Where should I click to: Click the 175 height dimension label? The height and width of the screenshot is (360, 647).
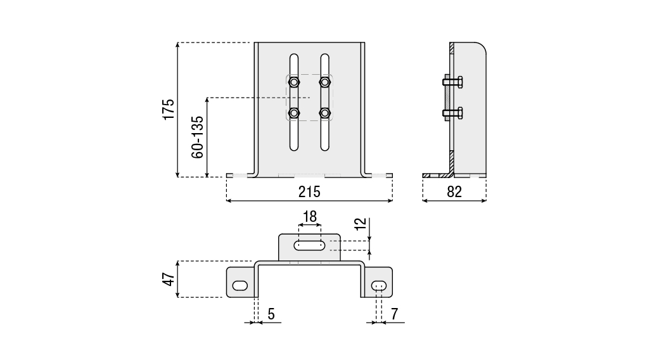168,109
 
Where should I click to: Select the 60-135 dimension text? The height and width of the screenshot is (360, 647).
197,137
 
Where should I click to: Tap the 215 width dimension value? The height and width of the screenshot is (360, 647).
309,191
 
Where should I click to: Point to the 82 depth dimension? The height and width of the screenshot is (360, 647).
454,191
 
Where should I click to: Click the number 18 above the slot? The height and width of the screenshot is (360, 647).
309,217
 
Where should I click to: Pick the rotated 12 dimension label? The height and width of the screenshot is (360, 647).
360,224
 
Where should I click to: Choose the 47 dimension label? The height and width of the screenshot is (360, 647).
168,279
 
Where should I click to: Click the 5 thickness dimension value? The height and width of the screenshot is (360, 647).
271,313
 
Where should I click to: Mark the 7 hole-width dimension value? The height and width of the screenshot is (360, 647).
394,313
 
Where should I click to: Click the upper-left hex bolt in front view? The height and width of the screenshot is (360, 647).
294,82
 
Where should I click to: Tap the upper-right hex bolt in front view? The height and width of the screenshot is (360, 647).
325,82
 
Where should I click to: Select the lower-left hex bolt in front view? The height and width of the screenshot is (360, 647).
294,113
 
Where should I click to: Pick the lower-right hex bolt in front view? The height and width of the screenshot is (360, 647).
325,113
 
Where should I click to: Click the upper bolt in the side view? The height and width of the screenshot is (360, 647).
452,82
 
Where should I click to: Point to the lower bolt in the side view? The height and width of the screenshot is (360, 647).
452,113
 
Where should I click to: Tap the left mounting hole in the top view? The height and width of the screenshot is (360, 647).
240,286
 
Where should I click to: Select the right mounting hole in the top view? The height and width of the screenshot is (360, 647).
380,286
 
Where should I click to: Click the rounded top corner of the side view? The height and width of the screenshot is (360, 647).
482,48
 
